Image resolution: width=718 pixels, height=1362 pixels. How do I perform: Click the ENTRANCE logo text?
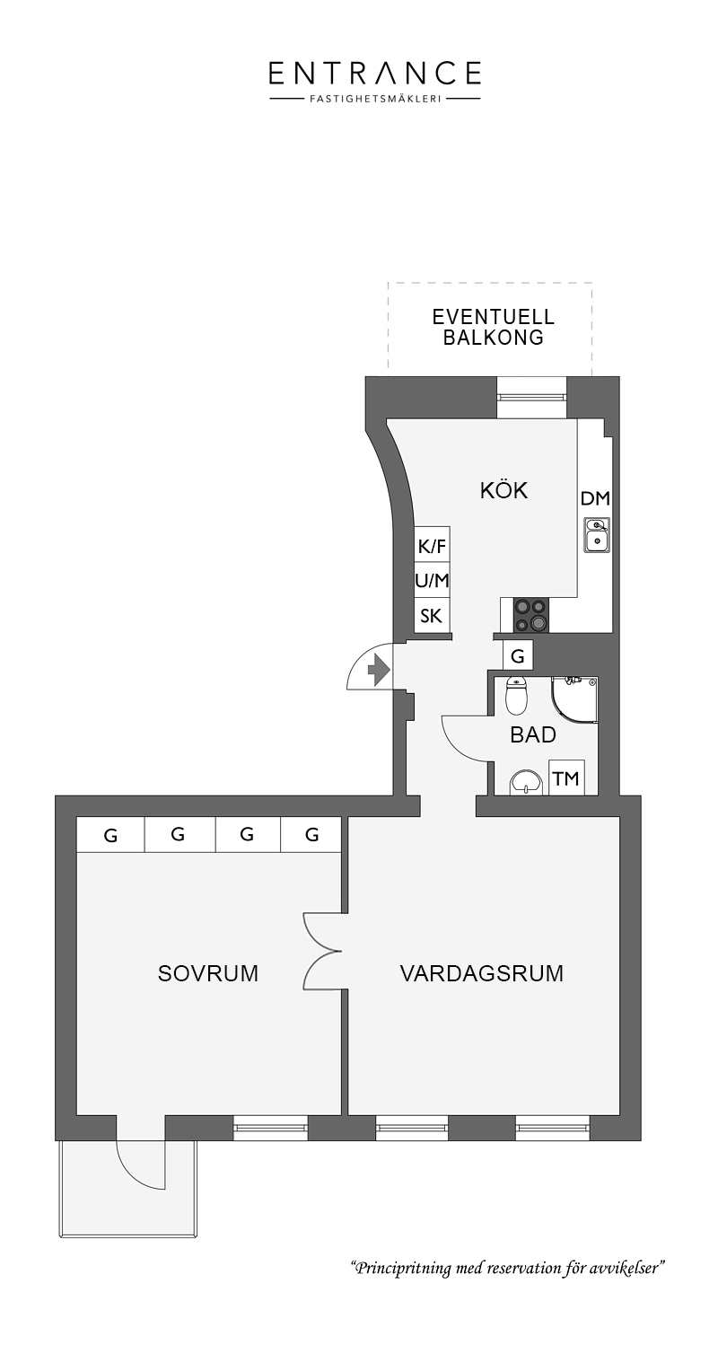point(375,73)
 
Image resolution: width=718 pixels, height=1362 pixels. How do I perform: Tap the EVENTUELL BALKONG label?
point(493,327)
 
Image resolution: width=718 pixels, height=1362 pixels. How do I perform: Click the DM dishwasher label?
point(595,498)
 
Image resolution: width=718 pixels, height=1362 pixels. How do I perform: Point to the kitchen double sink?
point(597,534)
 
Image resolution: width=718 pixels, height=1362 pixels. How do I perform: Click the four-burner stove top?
point(531,615)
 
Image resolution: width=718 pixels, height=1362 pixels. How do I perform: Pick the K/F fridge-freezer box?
point(433,545)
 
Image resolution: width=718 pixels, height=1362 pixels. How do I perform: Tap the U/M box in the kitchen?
point(433,581)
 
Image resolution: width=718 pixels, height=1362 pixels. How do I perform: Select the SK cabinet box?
point(433,616)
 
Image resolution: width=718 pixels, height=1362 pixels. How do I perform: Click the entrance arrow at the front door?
point(380,671)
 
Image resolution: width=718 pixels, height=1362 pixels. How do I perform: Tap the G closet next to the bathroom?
point(517,655)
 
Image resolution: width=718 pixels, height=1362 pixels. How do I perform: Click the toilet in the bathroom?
point(517,696)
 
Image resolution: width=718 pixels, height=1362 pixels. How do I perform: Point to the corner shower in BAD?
point(574,699)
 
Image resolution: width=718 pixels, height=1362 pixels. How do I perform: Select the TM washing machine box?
point(566,778)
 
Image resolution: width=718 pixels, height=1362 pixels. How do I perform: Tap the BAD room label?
point(533,734)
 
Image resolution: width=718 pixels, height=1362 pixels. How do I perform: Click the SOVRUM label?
point(208,973)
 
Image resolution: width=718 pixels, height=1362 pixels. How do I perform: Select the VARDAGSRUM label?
point(481,973)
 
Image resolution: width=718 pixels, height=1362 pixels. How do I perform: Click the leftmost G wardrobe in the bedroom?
point(110,835)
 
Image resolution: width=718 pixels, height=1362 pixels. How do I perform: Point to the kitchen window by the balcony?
point(532,397)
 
